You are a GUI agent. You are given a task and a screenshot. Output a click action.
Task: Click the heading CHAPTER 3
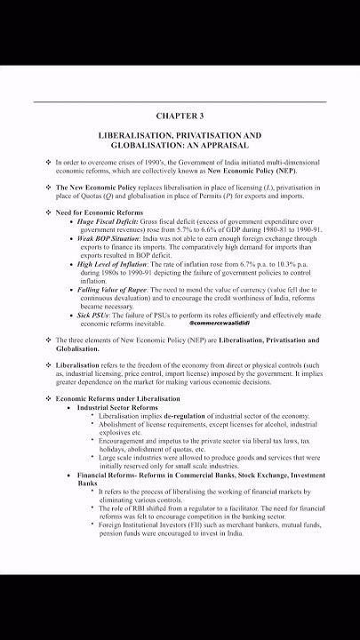click(180, 116)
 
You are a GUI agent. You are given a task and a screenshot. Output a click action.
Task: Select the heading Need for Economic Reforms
click(98, 212)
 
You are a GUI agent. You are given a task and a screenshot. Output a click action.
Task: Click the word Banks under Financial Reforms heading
click(87, 484)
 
